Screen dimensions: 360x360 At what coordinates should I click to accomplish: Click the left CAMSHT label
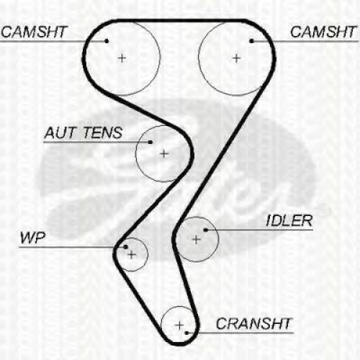point(34,32)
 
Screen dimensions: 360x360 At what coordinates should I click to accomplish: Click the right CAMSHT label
point(323,32)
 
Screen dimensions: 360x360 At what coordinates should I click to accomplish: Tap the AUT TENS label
point(84,132)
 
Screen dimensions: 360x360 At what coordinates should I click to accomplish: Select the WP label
point(32,238)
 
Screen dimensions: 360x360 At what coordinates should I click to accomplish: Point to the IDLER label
point(289,220)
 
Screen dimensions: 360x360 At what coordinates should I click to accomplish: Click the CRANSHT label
point(254,323)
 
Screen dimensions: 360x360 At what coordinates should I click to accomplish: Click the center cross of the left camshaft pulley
point(122,58)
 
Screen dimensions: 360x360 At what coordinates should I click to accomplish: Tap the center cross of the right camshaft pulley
point(236,58)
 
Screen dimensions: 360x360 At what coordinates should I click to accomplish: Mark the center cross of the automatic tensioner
point(164,153)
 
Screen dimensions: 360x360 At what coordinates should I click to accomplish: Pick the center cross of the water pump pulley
point(132,255)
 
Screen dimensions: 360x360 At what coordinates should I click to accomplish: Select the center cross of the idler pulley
point(197,239)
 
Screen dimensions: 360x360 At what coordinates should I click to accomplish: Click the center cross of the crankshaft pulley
point(179,325)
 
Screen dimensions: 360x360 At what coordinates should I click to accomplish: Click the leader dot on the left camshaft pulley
point(107,41)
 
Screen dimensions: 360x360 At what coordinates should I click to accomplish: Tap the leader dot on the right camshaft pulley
point(251,41)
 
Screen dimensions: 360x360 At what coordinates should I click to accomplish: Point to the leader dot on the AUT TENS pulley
point(150,143)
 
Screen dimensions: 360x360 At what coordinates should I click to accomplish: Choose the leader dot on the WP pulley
point(125,247)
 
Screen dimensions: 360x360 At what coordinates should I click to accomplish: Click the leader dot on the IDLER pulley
point(205,230)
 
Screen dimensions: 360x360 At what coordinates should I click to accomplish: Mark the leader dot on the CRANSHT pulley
point(186,333)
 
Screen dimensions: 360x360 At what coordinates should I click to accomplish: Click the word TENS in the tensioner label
point(103,132)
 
